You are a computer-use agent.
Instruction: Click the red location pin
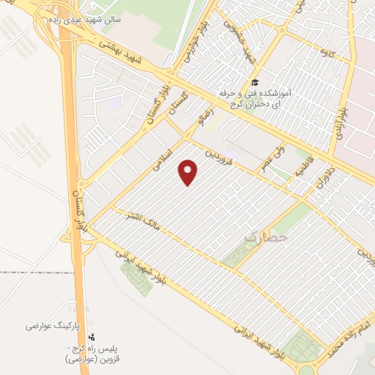189,173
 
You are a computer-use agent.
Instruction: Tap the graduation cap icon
254,82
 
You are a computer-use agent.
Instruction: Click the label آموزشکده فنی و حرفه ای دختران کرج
256,99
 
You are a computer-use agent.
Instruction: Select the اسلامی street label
161,160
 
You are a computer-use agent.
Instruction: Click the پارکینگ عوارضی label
50,324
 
